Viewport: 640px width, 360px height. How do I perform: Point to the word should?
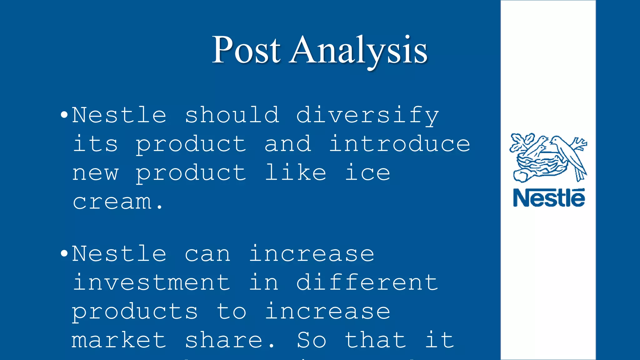232,115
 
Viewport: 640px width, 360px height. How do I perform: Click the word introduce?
400,144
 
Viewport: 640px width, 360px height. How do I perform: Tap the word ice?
367,172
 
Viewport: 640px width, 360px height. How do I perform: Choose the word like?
296,172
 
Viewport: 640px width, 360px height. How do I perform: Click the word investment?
152,282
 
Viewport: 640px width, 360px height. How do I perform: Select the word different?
367,282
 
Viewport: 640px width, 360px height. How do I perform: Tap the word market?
119,340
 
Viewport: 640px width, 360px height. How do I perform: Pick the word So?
312,340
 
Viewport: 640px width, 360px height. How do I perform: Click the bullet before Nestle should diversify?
64,115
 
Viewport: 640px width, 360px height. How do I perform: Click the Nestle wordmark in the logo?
549,198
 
